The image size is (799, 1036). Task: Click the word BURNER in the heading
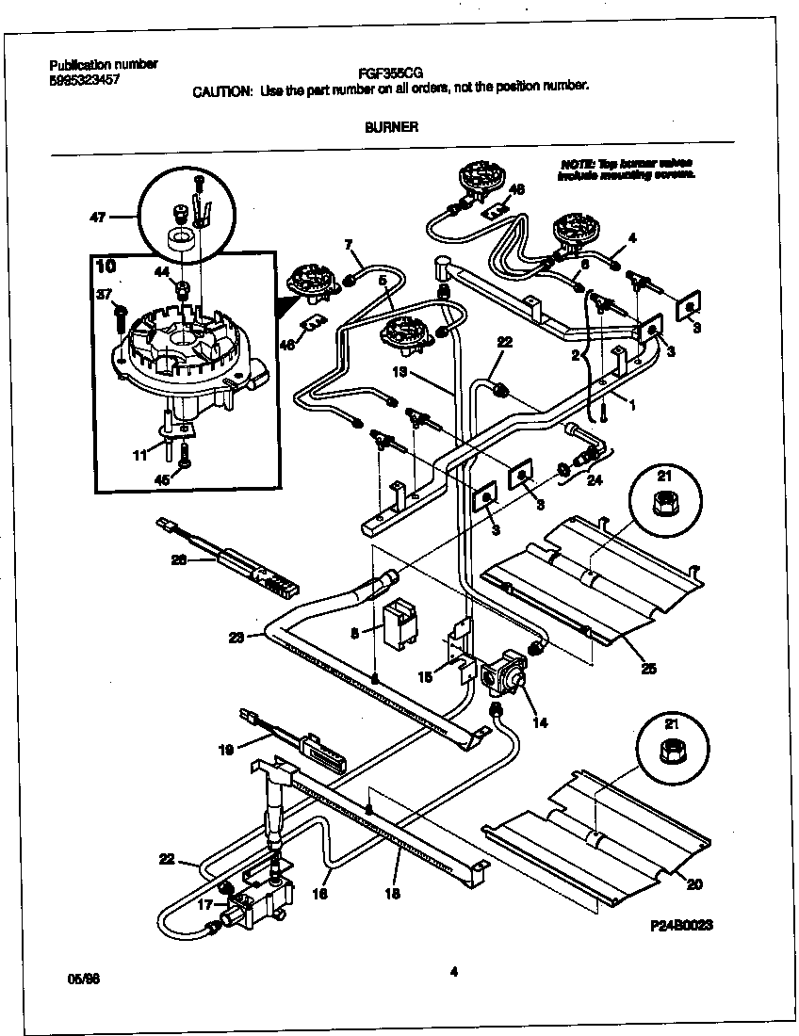click(x=391, y=126)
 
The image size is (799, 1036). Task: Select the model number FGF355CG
click(x=390, y=72)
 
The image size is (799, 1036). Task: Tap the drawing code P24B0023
click(x=680, y=926)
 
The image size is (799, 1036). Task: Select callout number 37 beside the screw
click(x=104, y=294)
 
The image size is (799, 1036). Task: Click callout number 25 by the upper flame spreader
click(x=647, y=669)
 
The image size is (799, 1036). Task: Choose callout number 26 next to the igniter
click(x=178, y=560)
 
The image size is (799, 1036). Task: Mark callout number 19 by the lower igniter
click(x=224, y=751)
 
